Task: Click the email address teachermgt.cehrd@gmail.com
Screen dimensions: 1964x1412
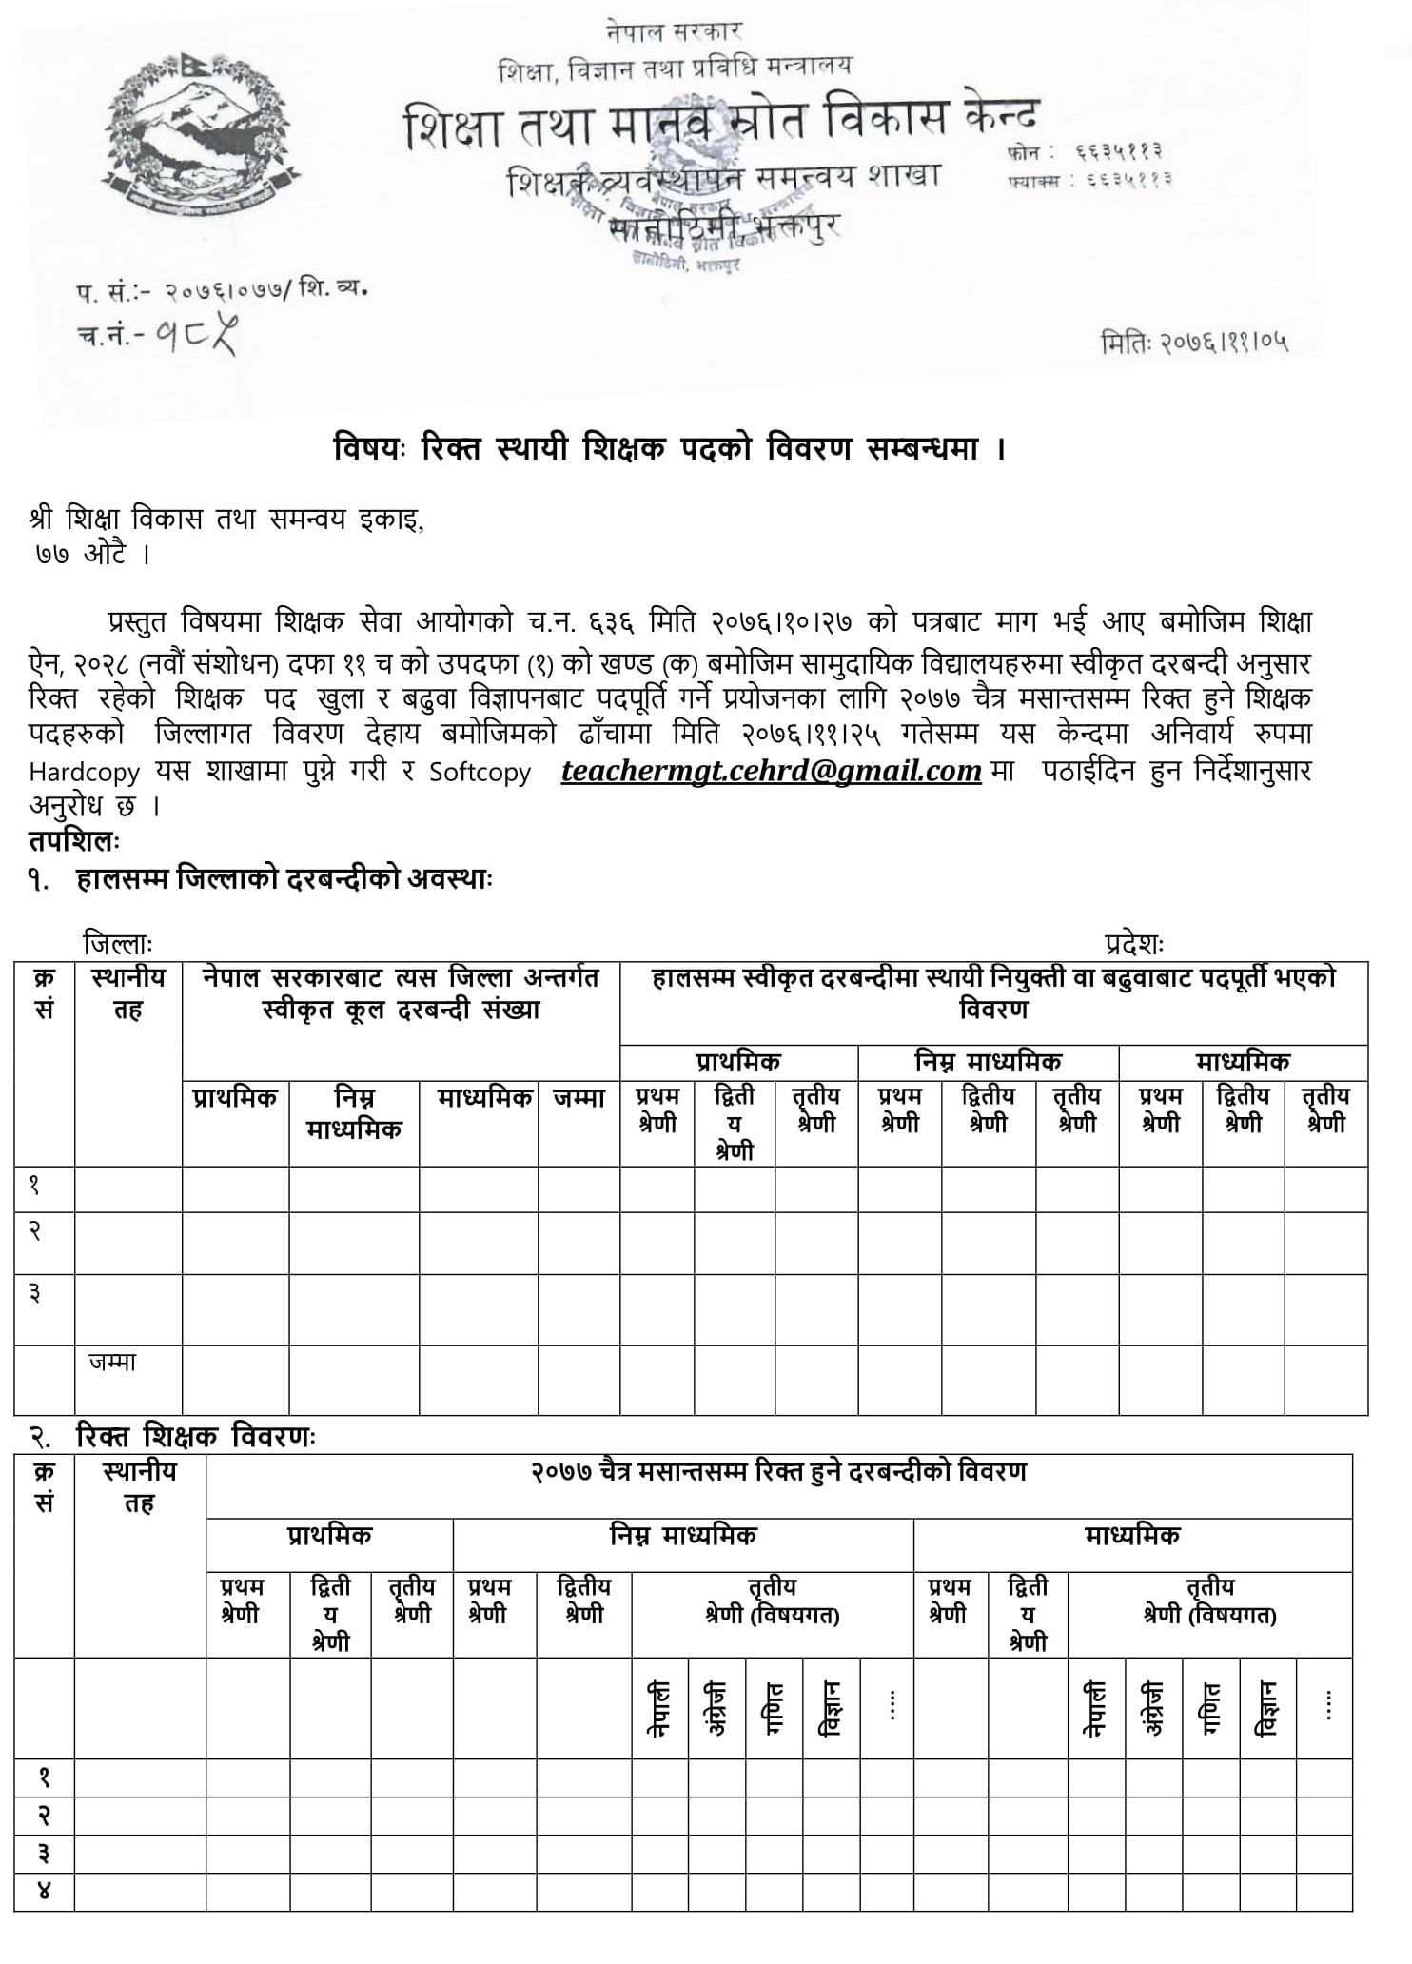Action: (x=771, y=770)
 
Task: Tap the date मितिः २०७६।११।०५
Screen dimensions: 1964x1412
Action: (x=1195, y=342)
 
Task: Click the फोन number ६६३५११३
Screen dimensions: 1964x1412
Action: (x=1120, y=151)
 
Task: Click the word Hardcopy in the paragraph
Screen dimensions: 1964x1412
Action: (x=84, y=772)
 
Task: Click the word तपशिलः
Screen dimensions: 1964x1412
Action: (x=73, y=841)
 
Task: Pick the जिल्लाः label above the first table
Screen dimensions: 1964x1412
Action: (x=117, y=944)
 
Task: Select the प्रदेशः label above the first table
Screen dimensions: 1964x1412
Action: (x=1134, y=944)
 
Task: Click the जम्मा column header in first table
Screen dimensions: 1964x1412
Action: (x=579, y=1098)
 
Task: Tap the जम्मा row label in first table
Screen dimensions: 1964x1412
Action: (x=112, y=1362)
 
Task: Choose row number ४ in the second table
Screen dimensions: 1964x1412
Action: (x=44, y=1892)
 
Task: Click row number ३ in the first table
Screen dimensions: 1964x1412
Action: (x=34, y=1293)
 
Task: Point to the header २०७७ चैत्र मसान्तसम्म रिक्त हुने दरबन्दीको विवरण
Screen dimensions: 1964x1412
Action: (x=777, y=1472)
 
